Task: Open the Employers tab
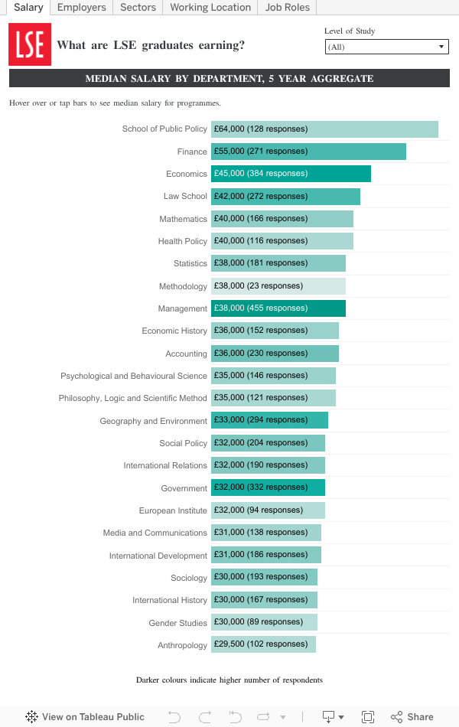(x=82, y=8)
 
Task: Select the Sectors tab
(x=138, y=8)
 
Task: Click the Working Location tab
(x=210, y=8)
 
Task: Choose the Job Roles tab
(x=288, y=8)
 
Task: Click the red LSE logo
(x=30, y=44)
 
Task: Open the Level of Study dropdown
(x=386, y=47)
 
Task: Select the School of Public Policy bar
(x=324, y=129)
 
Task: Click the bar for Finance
(x=308, y=152)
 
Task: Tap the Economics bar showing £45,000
(x=291, y=174)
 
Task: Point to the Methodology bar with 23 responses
(x=278, y=286)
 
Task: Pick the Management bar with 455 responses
(x=278, y=308)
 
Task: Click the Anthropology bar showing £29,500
(x=263, y=644)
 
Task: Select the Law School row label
(x=185, y=197)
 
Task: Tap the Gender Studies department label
(x=177, y=623)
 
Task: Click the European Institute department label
(x=173, y=510)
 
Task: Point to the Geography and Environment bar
(x=269, y=421)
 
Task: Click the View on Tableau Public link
(x=85, y=717)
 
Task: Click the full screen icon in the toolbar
(x=368, y=717)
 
